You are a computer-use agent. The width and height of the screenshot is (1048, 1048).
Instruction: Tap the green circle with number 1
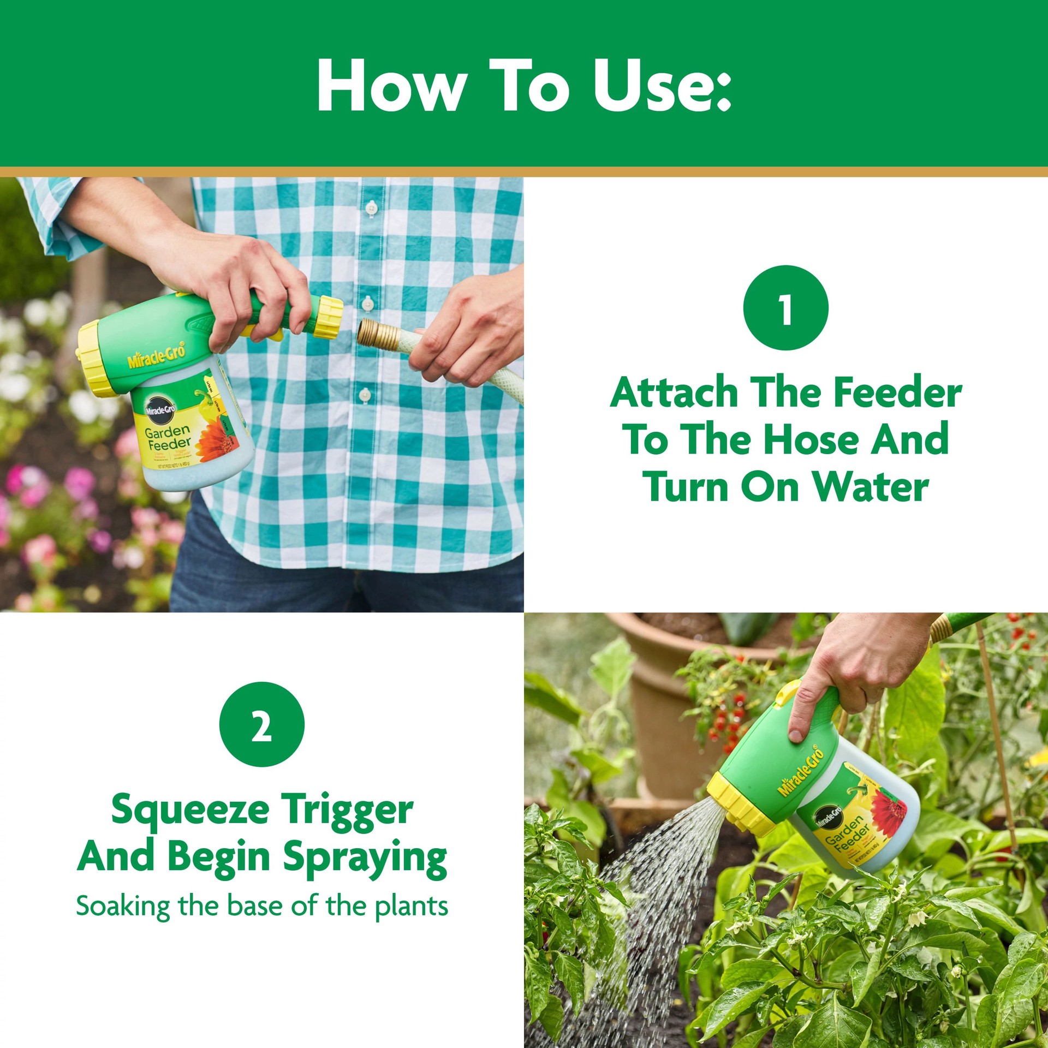click(x=785, y=308)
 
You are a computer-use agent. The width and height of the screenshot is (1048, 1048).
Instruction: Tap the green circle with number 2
click(x=261, y=724)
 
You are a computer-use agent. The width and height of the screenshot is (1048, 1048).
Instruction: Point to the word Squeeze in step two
click(x=189, y=812)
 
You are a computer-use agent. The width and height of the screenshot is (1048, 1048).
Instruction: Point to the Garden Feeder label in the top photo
click(x=168, y=437)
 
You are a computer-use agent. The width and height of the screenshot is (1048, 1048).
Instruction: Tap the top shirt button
click(x=371, y=208)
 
